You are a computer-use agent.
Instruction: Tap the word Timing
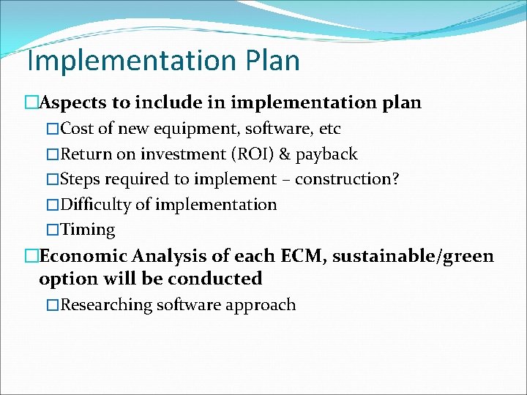coord(88,230)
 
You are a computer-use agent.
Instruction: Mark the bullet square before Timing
coord(52,230)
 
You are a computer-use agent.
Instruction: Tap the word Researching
coord(106,305)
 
